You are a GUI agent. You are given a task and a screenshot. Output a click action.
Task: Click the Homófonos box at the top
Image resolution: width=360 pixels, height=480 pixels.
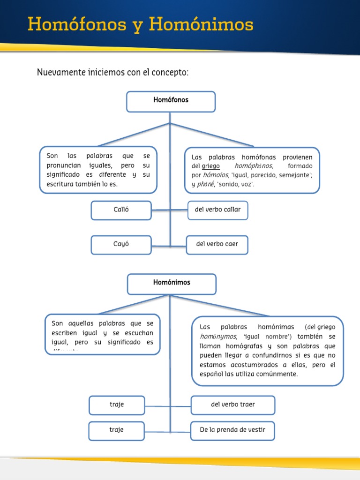coord(171,101)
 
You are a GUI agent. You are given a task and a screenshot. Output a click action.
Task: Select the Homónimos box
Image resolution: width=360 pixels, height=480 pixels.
coord(172,284)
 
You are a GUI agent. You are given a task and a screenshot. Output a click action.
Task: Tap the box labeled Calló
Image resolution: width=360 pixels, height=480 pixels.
coord(121,210)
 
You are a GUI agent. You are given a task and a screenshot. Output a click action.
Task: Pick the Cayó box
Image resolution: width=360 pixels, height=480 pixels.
coord(121,245)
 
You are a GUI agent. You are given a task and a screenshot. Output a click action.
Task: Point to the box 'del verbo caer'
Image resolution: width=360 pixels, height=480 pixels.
coord(217,245)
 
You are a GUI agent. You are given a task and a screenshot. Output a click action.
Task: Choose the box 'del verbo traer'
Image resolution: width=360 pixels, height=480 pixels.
coord(232,405)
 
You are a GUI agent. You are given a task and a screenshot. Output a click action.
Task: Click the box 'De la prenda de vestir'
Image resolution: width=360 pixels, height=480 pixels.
coord(232,430)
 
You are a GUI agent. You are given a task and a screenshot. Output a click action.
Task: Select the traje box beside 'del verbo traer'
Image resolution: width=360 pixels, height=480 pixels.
coord(117,405)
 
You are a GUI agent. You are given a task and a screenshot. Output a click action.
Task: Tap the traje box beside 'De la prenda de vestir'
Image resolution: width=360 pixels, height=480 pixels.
coord(117,430)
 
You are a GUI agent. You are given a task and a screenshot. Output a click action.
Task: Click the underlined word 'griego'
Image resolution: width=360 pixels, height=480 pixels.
coord(210,166)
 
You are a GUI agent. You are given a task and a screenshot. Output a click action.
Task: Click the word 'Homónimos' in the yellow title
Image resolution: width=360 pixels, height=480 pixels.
coord(201,24)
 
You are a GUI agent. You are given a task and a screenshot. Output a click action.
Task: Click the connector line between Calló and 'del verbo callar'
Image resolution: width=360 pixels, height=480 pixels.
coord(160,210)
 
